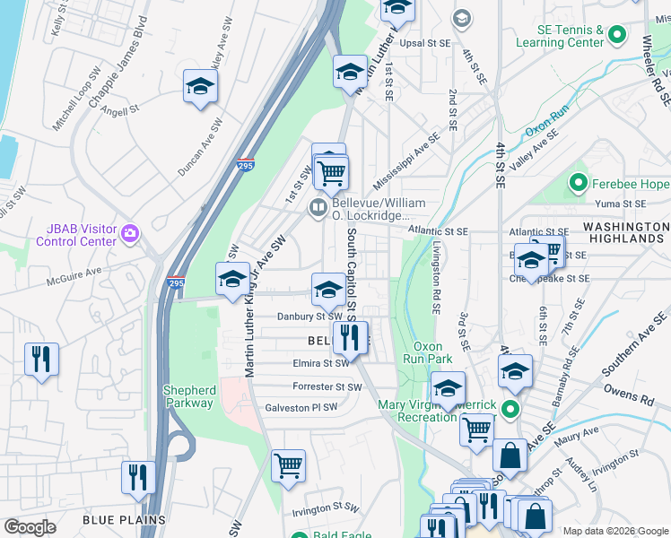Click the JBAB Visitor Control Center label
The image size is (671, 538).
click(x=76, y=235)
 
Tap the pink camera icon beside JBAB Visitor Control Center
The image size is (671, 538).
click(x=131, y=234)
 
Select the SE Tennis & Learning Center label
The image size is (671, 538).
click(x=559, y=36)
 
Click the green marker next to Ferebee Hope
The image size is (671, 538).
click(x=579, y=184)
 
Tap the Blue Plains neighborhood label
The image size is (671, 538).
click(x=123, y=519)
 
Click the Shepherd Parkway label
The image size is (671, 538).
click(x=188, y=396)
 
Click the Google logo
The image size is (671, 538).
click(x=30, y=527)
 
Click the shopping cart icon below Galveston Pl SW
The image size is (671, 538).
click(x=288, y=464)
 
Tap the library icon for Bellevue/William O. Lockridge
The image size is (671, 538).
click(x=318, y=208)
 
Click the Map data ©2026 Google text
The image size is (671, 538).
click(x=614, y=530)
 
